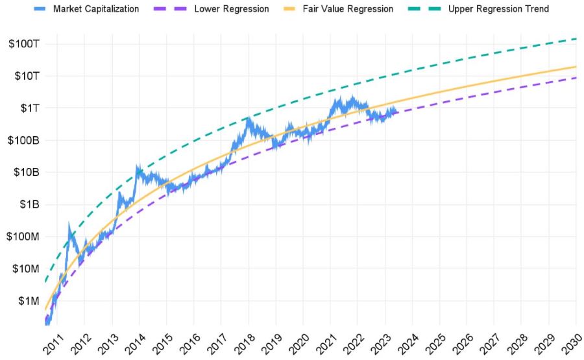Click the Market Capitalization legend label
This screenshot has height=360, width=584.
pos(95,9)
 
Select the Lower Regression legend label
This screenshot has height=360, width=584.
pos(231,9)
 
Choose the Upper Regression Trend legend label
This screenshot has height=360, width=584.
pos(498,9)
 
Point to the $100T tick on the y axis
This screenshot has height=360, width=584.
pos(24,44)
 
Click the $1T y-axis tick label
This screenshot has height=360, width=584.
pos(28,108)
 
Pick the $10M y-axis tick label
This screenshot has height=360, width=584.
pos(24,269)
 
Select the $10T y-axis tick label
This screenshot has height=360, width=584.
pos(26,76)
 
